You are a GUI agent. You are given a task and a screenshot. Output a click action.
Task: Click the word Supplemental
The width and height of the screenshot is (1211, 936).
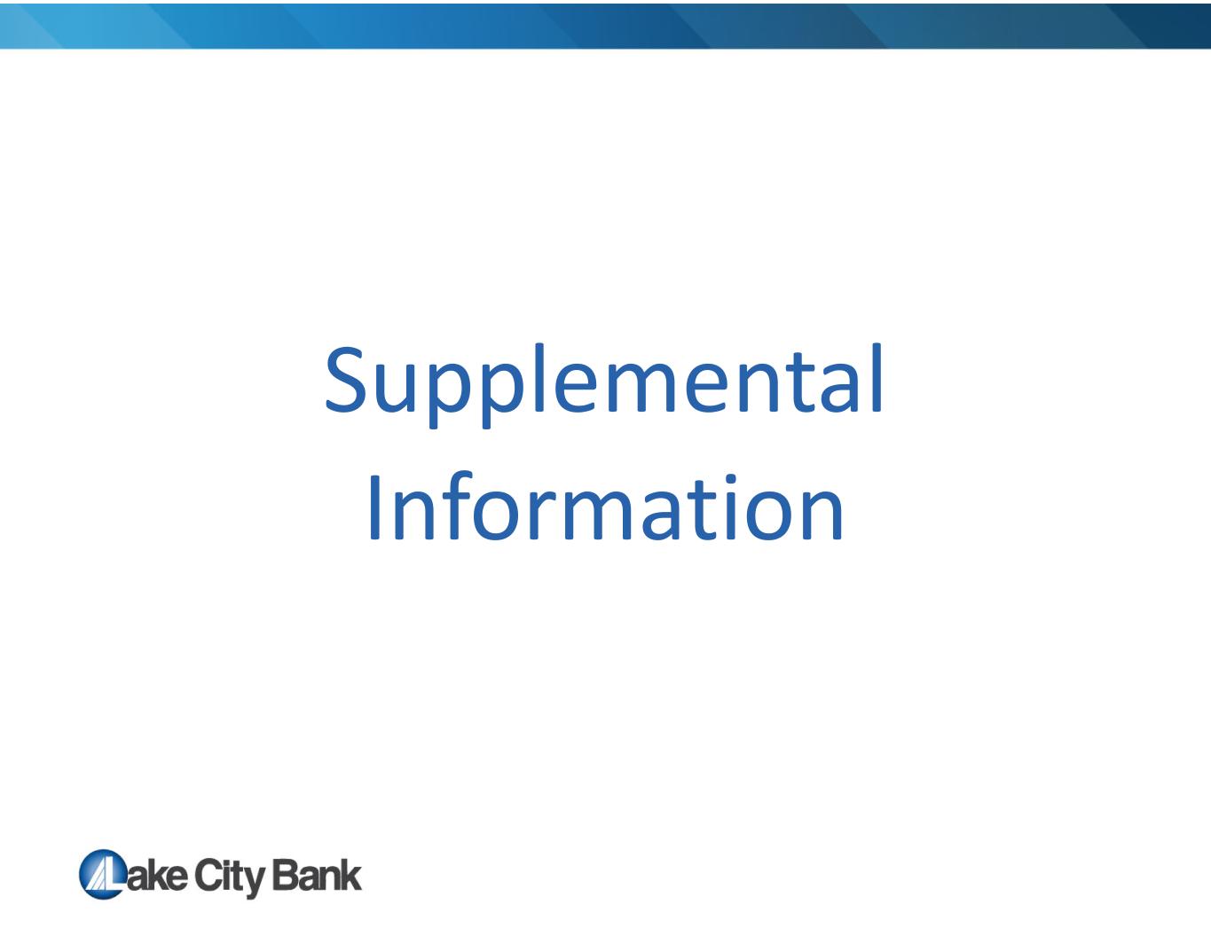coord(604,386)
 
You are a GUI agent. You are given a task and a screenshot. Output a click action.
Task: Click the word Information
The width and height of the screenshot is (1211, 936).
coord(606,507)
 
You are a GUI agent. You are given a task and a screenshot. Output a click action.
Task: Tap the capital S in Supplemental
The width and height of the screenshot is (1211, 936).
coord(345,380)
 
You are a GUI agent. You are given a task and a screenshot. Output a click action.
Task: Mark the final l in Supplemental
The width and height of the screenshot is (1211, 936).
coord(877,378)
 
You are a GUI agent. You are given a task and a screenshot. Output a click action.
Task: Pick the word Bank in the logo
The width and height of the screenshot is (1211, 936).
coord(317,875)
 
